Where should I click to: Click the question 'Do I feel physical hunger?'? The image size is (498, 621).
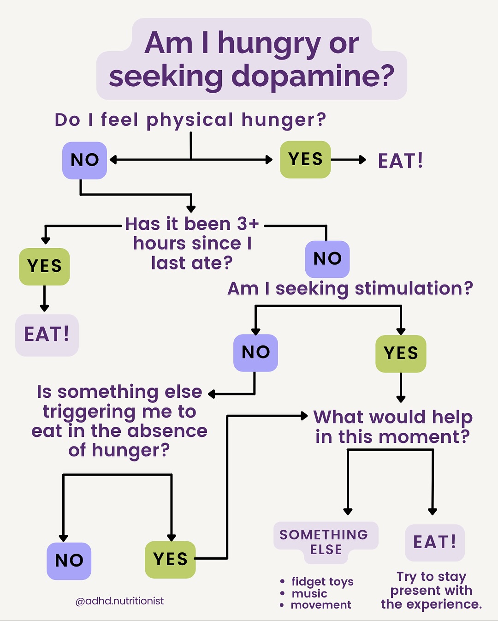click(190, 120)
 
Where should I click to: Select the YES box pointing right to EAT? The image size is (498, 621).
click(305, 159)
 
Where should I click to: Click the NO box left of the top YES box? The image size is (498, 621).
click(84, 160)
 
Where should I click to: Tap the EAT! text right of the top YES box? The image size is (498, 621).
click(401, 161)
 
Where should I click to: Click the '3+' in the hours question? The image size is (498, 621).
click(248, 224)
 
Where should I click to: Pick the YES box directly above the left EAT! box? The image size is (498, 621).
click(44, 266)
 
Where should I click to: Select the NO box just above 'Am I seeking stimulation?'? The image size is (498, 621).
click(327, 259)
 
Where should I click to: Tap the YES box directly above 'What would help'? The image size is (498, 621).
click(401, 353)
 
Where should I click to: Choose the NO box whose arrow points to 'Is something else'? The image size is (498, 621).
click(255, 352)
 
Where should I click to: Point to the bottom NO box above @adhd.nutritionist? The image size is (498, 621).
click(69, 561)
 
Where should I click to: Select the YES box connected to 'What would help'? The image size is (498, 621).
click(170, 559)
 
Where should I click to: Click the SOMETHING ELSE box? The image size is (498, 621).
click(326, 542)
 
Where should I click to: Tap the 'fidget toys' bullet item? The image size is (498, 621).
click(322, 582)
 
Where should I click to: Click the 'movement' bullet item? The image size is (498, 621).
click(321, 605)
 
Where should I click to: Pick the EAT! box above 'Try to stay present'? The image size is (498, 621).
click(435, 543)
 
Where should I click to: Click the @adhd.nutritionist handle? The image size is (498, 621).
click(119, 601)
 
